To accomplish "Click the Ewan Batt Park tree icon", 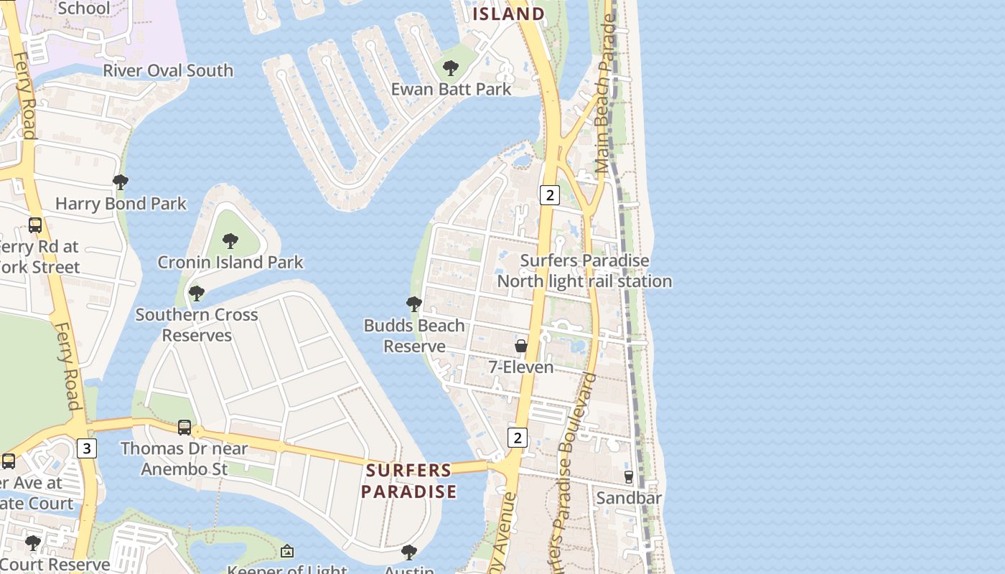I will click(451, 68).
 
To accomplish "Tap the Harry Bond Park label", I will click(121, 204).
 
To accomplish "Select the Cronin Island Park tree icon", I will click(230, 240).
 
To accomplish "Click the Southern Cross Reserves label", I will click(197, 325).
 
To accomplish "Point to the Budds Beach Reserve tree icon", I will click(414, 304).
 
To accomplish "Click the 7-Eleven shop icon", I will click(521, 346).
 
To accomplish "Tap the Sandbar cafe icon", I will click(629, 476).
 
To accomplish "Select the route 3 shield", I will click(87, 448).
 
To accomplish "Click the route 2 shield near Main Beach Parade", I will click(549, 194).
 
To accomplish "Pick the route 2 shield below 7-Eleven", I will click(517, 437).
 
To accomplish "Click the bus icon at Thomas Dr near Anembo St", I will click(184, 428).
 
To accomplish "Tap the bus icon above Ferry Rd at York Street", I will click(35, 225).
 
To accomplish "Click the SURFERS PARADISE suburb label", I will click(408, 481).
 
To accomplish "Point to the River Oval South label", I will click(168, 70).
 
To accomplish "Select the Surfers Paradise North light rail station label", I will click(584, 271).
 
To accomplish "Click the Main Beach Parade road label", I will click(607, 93).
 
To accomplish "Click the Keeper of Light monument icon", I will click(287, 551).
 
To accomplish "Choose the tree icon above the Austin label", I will click(409, 552).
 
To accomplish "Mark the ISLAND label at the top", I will click(509, 14).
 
